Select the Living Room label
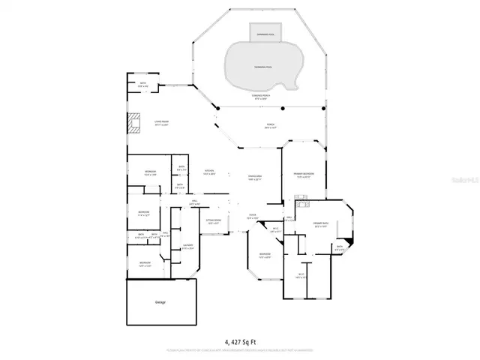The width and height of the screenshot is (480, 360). coord(161,123)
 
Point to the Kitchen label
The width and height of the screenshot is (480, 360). coord(210,172)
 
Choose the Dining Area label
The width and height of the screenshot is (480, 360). coord(254,178)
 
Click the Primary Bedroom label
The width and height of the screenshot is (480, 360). coord(303,175)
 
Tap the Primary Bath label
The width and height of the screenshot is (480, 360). coord(321,224)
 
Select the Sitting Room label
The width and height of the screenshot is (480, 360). coord(213,221)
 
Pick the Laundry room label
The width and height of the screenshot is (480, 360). coord(188,246)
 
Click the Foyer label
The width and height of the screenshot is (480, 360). coord(253,217)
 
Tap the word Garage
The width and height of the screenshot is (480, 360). coord(160,302)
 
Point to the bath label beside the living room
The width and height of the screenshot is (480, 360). coord(143,84)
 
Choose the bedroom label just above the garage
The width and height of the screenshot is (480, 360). coord(145,263)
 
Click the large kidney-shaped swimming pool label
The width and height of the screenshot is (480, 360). coord(262,67)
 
